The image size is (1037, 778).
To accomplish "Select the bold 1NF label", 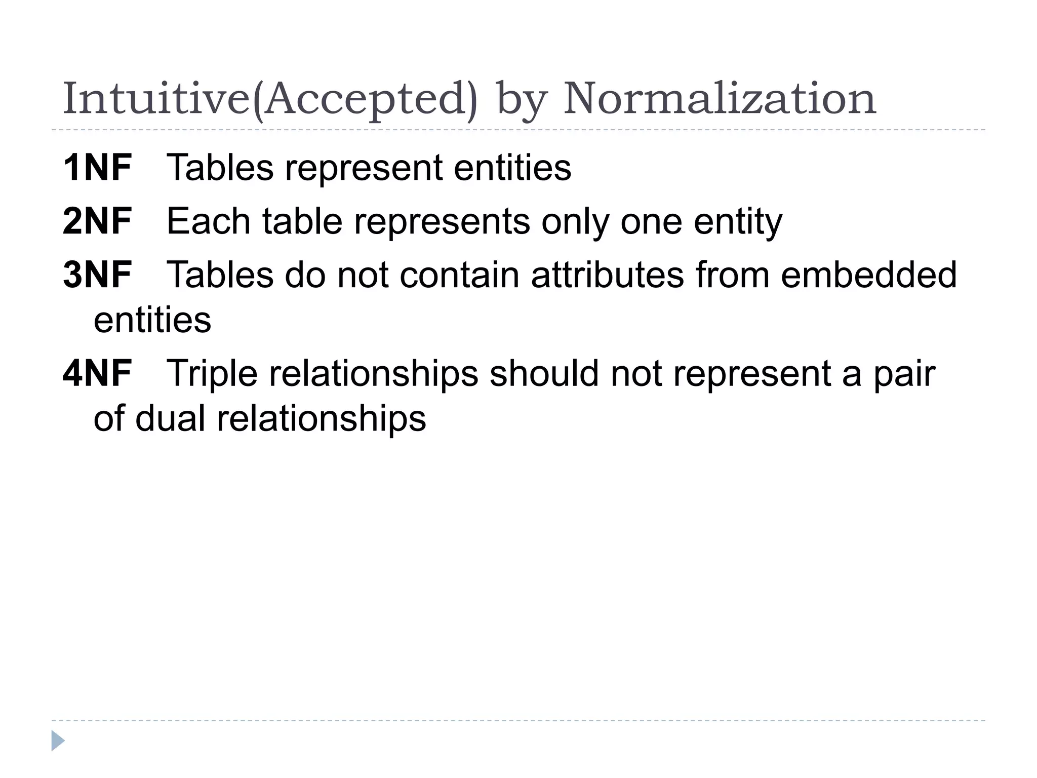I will pyautogui.click(x=97, y=168).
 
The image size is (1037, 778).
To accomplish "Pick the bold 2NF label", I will pyautogui.click(x=97, y=221).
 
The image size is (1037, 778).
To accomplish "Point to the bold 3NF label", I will pyautogui.click(x=97, y=275).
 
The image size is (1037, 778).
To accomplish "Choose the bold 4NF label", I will pyautogui.click(x=97, y=373).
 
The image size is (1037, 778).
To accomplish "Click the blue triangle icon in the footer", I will pyautogui.click(x=58, y=741).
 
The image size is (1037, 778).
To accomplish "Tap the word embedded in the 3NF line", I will pyautogui.click(x=868, y=275).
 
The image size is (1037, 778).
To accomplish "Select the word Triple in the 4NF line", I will pyautogui.click(x=212, y=373).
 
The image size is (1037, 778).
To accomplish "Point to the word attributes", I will pyautogui.click(x=608, y=275).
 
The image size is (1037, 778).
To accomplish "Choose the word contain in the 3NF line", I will pyautogui.click(x=459, y=275).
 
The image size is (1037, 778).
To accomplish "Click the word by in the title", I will pyautogui.click(x=521, y=100).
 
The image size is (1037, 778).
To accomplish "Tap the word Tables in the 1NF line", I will pyautogui.click(x=220, y=168).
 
